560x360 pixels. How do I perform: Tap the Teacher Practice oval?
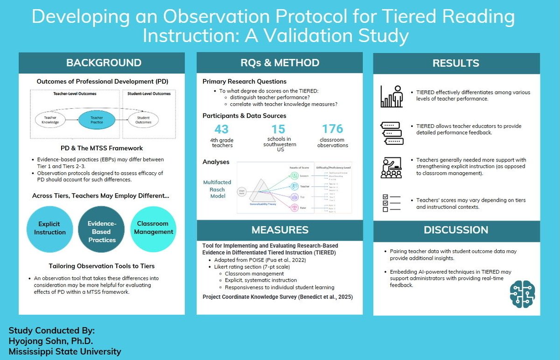(97, 120)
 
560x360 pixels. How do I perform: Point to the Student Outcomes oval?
(143, 120)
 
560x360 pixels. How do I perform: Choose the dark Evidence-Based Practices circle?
(101, 232)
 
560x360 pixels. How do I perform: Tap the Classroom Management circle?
(154, 228)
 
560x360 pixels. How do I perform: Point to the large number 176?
(332, 129)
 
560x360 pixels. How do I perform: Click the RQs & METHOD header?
(280, 63)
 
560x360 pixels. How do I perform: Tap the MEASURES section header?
(280, 230)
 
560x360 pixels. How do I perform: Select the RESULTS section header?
(456, 64)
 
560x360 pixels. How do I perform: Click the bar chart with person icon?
(392, 96)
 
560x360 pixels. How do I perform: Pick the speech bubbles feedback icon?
(392, 133)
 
